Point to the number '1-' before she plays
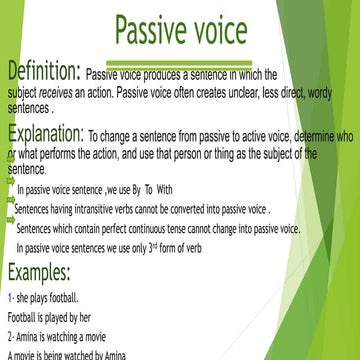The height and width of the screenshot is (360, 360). [10, 297]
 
